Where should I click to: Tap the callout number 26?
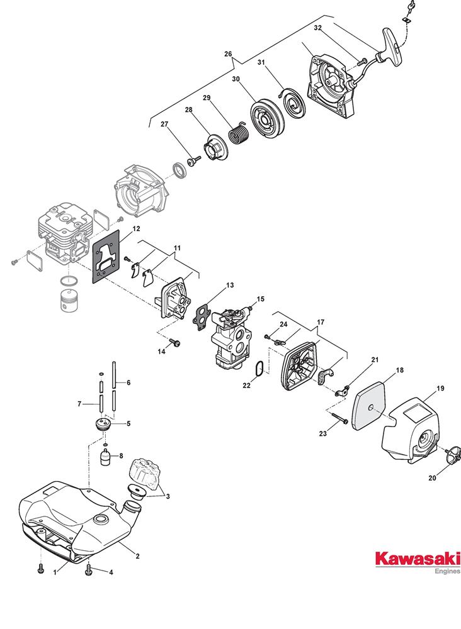228,53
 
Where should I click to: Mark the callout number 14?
161,351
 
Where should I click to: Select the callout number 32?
317,28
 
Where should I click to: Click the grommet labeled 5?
103,423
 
